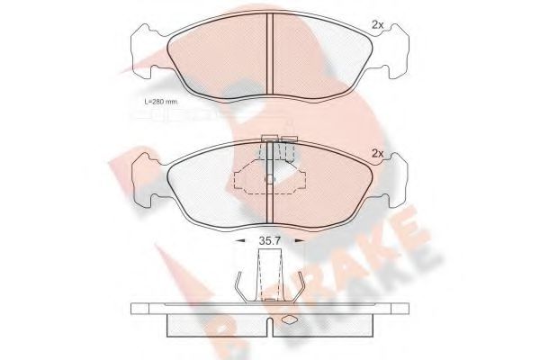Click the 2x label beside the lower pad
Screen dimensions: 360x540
pos(378,154)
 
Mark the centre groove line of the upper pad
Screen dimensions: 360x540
pos(271,56)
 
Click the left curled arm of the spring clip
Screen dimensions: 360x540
pos(240,285)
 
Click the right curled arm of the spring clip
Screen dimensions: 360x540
pos(303,285)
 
